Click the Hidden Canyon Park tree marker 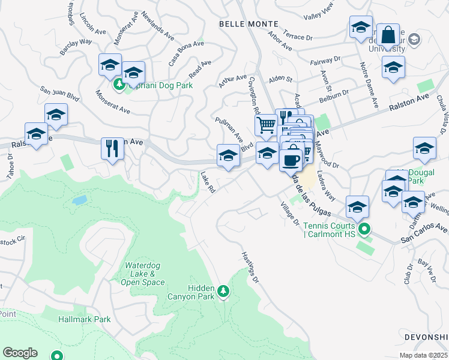[223, 291]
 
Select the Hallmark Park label [85, 320]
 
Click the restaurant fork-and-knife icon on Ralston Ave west [112, 148]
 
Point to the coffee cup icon [291, 160]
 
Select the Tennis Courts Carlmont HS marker [364, 230]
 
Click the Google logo [20, 352]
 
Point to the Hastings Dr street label [250, 266]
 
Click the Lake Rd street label [208, 181]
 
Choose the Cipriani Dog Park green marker [119, 85]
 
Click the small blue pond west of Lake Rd [79, 200]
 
